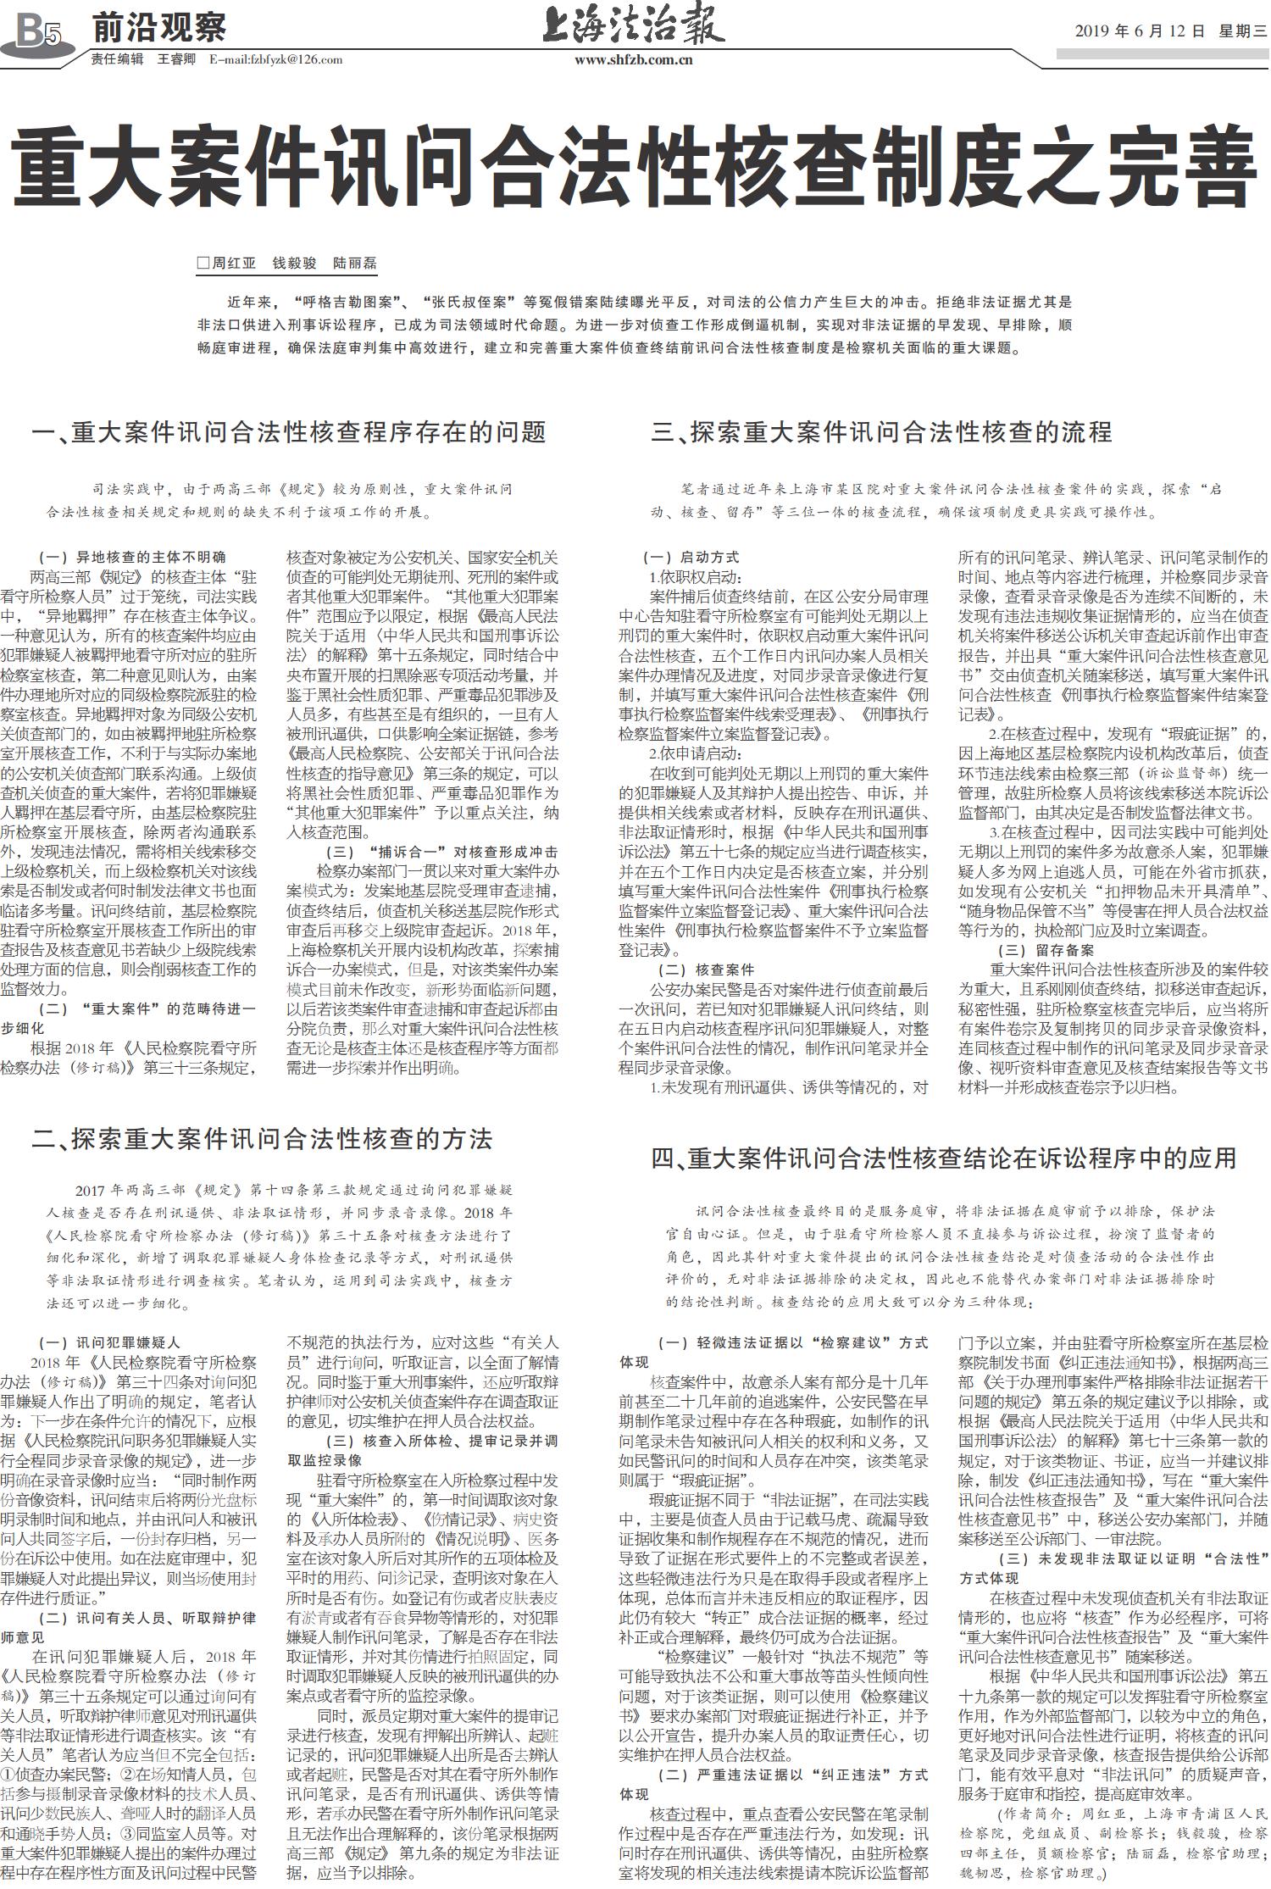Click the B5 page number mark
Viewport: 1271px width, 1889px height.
click(x=39, y=34)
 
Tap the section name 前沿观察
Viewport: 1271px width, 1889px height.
click(x=158, y=28)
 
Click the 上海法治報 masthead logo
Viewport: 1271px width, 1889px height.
click(x=633, y=25)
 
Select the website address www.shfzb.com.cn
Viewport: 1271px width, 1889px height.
click(x=633, y=59)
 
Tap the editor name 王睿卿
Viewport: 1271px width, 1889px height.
click(x=176, y=59)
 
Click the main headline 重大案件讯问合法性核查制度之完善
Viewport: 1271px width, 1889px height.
click(x=633, y=166)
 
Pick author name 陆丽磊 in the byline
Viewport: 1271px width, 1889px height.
click(x=354, y=263)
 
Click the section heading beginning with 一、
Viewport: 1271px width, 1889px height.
click(x=288, y=432)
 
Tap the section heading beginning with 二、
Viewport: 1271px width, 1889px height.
click(x=262, y=1137)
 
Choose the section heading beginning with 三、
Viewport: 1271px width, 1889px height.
click(x=880, y=432)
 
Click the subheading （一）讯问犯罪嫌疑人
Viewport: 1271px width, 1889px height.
click(x=110, y=1343)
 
